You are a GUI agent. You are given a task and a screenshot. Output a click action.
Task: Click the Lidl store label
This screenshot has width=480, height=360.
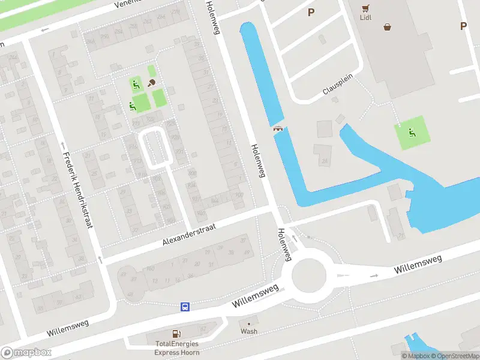point(365,17)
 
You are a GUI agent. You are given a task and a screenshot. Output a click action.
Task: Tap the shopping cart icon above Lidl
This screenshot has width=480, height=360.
point(365,7)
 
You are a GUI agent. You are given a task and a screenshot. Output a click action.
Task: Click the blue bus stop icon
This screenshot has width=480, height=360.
point(186,307)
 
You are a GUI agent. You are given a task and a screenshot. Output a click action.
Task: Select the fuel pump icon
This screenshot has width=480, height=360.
point(176,334)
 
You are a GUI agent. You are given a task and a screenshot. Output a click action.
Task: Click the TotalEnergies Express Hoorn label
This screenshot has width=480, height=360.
point(176,348)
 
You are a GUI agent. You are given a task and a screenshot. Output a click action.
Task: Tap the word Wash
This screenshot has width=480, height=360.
point(249,331)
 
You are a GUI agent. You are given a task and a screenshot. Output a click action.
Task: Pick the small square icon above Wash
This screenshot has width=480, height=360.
point(249,322)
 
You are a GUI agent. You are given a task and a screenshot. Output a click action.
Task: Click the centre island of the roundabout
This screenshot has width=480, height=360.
point(309,276)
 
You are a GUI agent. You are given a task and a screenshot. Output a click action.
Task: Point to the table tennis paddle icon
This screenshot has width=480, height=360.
point(152,83)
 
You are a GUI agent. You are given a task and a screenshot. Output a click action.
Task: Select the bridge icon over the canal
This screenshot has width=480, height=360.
point(278,128)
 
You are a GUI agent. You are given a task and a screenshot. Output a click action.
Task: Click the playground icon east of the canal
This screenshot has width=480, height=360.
point(412,133)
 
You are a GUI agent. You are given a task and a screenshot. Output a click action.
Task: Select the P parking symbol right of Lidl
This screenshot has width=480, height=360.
point(463,26)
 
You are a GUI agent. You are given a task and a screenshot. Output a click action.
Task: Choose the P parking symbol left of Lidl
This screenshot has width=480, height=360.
point(311,12)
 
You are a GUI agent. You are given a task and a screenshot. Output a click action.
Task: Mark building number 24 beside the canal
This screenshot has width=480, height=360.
point(325,161)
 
